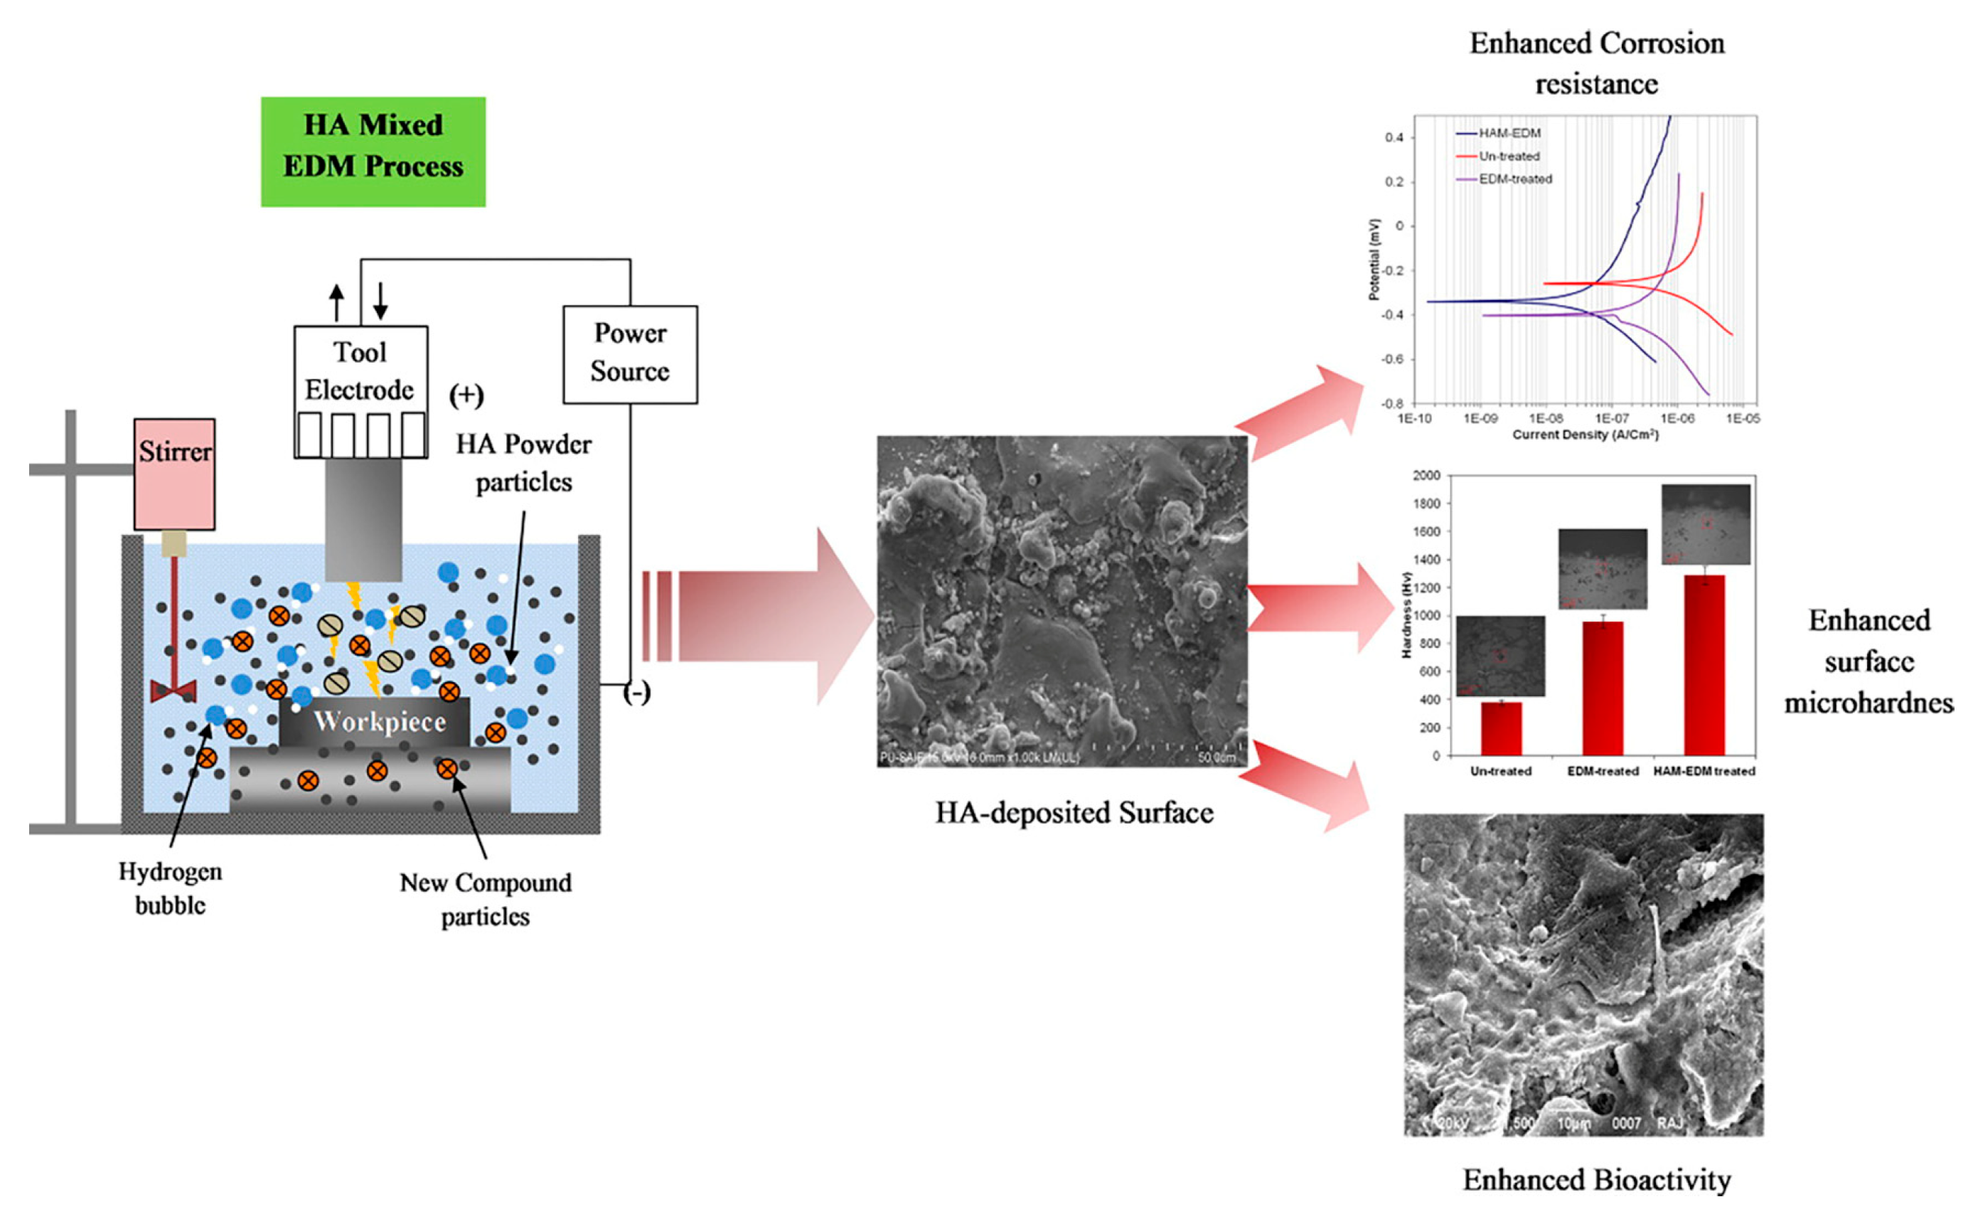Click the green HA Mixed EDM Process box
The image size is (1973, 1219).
[373, 151]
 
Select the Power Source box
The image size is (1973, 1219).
[629, 354]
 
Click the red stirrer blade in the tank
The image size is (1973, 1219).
[173, 690]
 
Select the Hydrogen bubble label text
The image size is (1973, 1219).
[170, 888]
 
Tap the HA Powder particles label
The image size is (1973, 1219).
[524, 463]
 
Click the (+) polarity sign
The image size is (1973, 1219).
[466, 396]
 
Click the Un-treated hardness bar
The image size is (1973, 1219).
[1501, 729]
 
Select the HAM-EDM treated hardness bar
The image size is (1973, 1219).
[1704, 665]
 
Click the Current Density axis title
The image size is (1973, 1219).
[1585, 435]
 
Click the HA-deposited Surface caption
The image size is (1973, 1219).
[1074, 813]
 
